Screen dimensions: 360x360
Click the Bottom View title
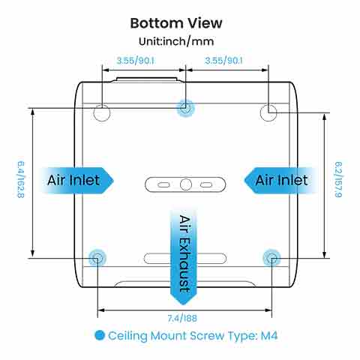coord(176,23)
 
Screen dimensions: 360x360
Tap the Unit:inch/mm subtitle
coord(176,41)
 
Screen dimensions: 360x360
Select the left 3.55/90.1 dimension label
coord(135,61)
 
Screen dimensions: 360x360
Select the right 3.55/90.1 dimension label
coord(223,61)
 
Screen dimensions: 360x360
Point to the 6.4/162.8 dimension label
coord(21,180)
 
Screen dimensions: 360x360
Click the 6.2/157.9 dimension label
coord(338,179)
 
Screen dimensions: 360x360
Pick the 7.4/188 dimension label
coord(182,319)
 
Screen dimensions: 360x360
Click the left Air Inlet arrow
coord(76,181)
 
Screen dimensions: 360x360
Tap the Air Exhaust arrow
coord(184,255)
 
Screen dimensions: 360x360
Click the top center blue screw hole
coord(185,108)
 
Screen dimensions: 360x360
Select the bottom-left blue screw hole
coord(97,258)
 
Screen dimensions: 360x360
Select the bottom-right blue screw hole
coord(271,258)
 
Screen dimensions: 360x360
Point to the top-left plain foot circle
coord(102,113)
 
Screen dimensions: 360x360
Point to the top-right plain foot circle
coord(268,112)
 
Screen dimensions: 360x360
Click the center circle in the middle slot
coord(186,184)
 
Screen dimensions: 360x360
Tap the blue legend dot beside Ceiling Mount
coord(100,335)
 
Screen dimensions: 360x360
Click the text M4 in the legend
coord(269,335)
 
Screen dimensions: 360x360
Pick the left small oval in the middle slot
coord(163,184)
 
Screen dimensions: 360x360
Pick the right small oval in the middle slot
coord(206,184)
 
